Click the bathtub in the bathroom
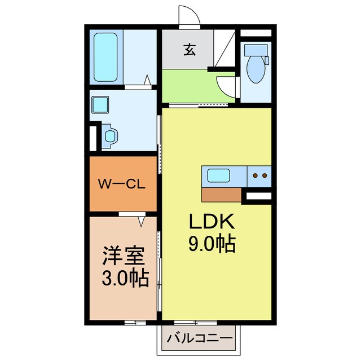105,58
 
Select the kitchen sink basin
218,175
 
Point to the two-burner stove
259,176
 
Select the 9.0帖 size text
212,244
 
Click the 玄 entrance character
188,50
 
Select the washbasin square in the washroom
101,104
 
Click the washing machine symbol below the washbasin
111,135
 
